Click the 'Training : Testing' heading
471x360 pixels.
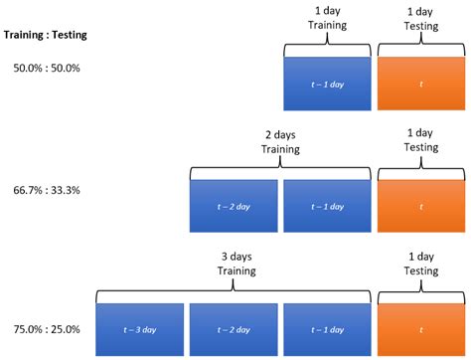tap(46, 36)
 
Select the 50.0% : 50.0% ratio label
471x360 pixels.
tap(46, 68)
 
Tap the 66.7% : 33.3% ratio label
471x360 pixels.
tap(46, 189)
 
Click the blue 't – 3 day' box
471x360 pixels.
tap(140, 329)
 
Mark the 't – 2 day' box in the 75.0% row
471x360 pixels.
tap(234, 329)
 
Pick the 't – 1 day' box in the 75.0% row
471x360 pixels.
tap(328, 329)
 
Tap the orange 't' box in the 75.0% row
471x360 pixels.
tap(421, 329)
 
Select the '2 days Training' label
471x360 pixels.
tap(280, 140)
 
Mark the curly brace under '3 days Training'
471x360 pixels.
tap(234, 289)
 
